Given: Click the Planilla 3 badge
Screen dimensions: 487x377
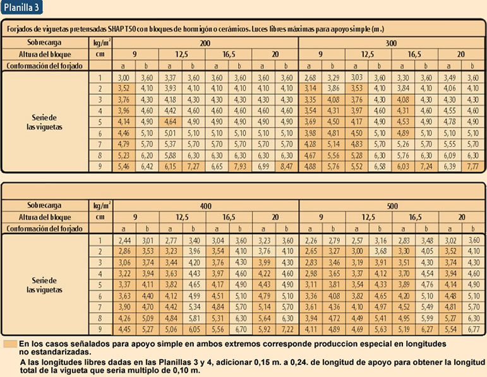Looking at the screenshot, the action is [x=21, y=7].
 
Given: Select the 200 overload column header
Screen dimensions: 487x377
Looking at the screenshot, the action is [x=205, y=43].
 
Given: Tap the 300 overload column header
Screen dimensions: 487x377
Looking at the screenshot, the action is [x=391, y=43].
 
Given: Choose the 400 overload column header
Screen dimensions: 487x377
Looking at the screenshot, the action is [x=206, y=206].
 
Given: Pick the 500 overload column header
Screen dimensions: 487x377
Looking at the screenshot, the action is [x=392, y=206].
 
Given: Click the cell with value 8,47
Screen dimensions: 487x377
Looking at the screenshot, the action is [x=286, y=166].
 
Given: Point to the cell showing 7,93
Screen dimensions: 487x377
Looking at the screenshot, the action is [x=240, y=166].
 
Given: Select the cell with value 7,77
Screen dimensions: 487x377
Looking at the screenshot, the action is [x=472, y=166].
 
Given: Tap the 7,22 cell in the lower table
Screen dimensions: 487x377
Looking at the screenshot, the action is [x=287, y=330].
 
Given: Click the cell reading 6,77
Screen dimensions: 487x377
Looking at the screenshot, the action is [x=473, y=330].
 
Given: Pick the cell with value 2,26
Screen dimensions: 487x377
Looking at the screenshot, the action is [x=311, y=240].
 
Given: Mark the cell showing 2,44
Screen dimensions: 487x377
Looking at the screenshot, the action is [x=124, y=240].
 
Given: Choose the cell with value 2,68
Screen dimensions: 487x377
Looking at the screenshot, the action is [x=310, y=78].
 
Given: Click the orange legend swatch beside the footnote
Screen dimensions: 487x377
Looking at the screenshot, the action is [x=10, y=344].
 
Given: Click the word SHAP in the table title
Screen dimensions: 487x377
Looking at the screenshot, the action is [x=115, y=29].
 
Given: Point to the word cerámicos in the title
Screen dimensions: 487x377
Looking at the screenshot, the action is [x=232, y=29].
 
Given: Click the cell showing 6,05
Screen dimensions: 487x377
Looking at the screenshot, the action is [x=194, y=330].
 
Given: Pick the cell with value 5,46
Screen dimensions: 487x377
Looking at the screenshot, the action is [x=124, y=166].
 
